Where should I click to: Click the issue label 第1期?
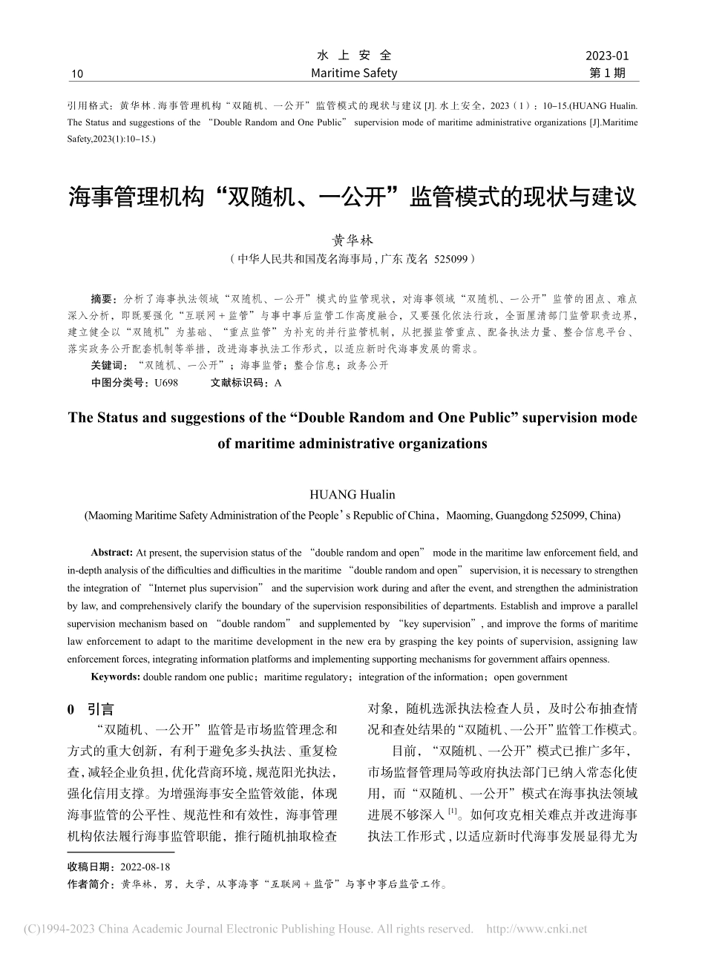pos(607,73)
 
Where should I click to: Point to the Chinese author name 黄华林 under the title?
pos(352,240)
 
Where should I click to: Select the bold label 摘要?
pos(103,299)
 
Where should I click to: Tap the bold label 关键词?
pos(108,366)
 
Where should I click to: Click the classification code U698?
pos(165,383)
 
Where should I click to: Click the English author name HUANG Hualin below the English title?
pos(352,493)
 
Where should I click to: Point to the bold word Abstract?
pos(112,553)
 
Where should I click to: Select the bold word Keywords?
pos(115,677)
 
